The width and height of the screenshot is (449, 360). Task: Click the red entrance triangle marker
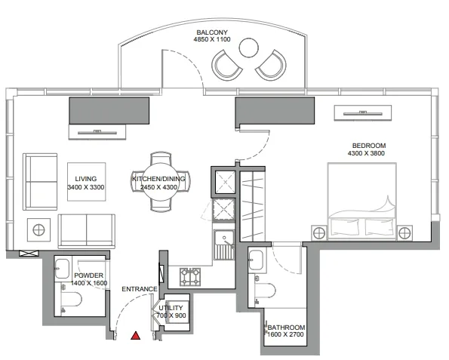click(135, 336)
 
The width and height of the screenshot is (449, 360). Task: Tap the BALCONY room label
click(212, 32)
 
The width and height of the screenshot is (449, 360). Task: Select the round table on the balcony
click(248, 48)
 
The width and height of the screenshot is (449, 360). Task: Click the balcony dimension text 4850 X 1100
click(212, 39)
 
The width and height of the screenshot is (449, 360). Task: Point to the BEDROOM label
click(369, 146)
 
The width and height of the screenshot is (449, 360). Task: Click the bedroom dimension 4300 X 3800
click(366, 153)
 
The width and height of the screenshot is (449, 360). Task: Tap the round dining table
click(161, 183)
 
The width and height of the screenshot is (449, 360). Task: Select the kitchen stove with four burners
click(190, 277)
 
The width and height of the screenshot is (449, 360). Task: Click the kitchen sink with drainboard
click(224, 245)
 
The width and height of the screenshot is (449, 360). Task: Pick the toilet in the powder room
click(72, 300)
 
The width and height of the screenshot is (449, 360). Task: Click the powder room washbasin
click(63, 269)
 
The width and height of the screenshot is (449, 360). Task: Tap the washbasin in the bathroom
click(256, 260)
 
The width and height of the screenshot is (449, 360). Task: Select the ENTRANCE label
click(140, 289)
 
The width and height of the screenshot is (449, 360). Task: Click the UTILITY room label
click(171, 308)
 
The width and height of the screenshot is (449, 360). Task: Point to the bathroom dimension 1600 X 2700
click(285, 334)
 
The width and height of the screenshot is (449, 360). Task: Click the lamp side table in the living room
click(39, 229)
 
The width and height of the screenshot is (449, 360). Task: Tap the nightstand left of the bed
click(319, 233)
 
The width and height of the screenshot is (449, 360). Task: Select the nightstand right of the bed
click(404, 233)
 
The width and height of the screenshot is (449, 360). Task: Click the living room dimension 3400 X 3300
click(85, 187)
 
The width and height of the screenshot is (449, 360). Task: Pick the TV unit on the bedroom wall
click(363, 113)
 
